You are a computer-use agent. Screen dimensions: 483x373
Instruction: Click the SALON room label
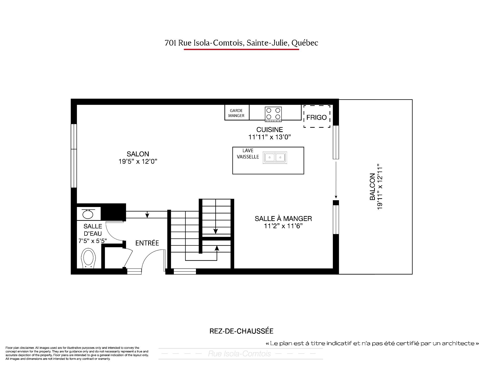click(138, 154)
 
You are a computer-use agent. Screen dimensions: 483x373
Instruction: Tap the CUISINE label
click(270, 130)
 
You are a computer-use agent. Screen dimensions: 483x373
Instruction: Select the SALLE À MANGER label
click(283, 219)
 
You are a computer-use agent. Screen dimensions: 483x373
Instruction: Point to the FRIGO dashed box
click(317, 116)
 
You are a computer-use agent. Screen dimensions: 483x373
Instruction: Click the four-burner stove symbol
click(273, 114)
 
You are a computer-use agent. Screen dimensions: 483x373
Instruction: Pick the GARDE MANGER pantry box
click(237, 112)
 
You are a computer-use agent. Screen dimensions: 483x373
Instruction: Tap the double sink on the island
click(275, 158)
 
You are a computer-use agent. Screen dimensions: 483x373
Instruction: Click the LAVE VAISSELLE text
click(248, 154)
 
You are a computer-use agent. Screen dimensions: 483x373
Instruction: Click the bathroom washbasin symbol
click(88, 214)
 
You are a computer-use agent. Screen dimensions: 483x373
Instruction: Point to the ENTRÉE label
click(147, 243)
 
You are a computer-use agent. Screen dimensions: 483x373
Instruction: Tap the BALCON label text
click(372, 187)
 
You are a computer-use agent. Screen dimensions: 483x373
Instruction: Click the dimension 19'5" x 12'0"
click(138, 161)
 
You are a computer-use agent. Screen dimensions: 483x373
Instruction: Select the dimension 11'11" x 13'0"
click(270, 137)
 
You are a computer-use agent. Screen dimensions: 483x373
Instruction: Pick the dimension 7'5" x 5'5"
click(93, 241)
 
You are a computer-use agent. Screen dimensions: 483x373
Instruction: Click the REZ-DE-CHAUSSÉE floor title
click(242, 331)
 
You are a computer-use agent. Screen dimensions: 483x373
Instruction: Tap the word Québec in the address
click(305, 43)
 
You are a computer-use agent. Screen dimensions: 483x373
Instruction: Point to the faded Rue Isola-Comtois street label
click(239, 354)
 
